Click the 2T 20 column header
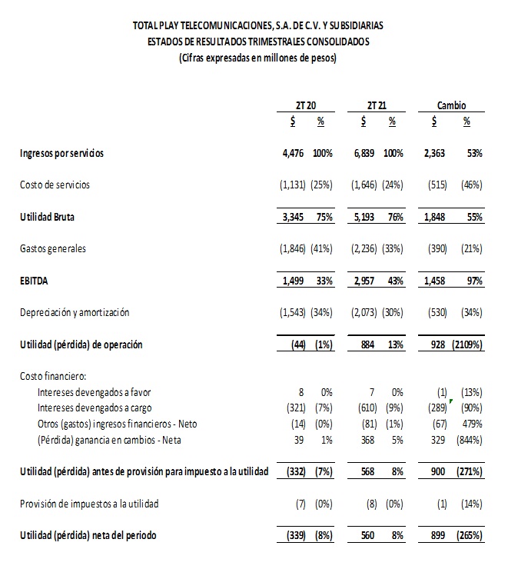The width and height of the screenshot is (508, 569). click(306, 105)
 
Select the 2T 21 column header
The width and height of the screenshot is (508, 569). click(377, 105)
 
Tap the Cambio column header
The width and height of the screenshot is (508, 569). click(451, 105)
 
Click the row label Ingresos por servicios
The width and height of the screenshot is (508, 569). click(62, 154)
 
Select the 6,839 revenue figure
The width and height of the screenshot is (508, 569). click(365, 154)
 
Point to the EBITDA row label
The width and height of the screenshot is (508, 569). click(35, 281)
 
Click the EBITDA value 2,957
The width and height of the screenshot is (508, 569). click(365, 281)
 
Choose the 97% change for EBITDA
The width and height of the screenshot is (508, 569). click(474, 281)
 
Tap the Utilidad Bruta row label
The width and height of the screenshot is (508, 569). click(48, 218)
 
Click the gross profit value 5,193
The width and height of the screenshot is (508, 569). click(365, 218)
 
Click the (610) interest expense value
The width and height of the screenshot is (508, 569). click(365, 408)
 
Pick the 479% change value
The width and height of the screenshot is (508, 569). click(472, 424)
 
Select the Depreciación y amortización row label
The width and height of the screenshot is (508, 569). click(75, 313)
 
